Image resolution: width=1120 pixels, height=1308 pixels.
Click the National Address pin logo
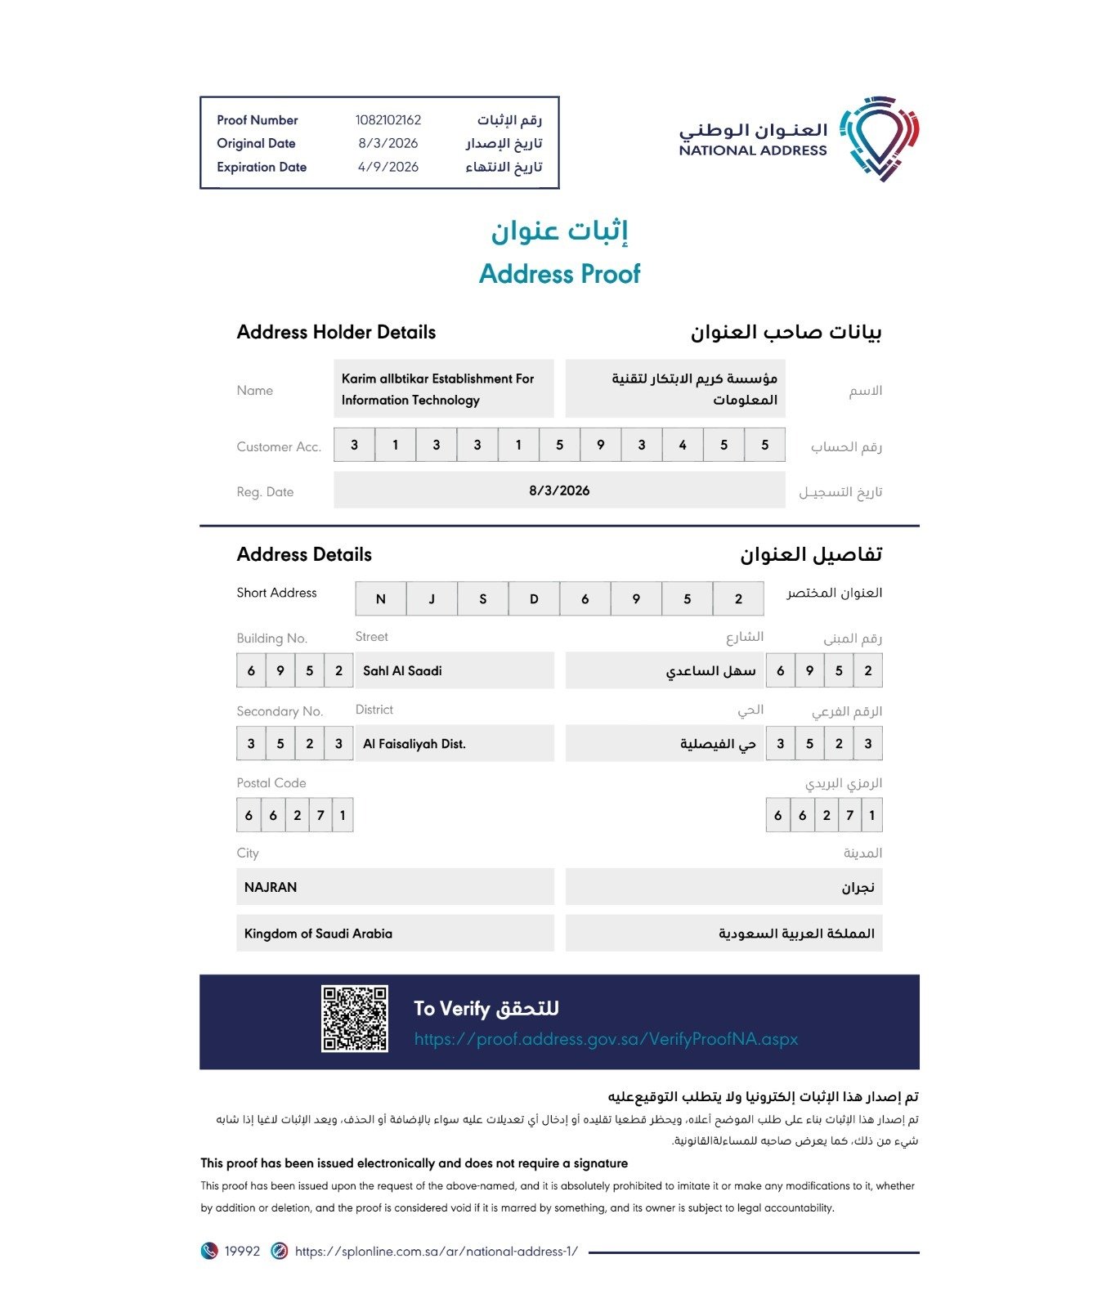879,138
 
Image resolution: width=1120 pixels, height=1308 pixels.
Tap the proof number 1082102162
388,120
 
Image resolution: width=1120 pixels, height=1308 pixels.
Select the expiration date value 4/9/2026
388,167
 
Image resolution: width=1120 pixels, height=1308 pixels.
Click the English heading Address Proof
559,274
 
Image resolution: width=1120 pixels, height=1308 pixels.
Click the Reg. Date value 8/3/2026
559,490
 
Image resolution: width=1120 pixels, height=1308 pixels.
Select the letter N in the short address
380,599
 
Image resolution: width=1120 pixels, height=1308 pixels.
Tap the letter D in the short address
534,599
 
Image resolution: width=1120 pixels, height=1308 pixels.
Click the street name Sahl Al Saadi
402,671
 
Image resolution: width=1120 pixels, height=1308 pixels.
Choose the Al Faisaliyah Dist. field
414,744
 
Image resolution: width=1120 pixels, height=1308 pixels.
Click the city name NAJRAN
271,887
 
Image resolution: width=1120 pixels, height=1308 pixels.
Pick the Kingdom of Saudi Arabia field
318,934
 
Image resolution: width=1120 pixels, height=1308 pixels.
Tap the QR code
354,1019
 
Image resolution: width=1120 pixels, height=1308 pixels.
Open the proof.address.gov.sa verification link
606,1039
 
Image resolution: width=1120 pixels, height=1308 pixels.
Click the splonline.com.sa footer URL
436,1251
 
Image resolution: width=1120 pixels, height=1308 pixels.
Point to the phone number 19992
242,1251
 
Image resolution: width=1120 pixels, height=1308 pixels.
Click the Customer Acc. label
279,446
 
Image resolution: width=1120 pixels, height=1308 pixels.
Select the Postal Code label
271,783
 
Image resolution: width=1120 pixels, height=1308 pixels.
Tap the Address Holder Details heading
336,332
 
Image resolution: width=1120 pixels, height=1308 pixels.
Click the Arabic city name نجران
858,888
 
